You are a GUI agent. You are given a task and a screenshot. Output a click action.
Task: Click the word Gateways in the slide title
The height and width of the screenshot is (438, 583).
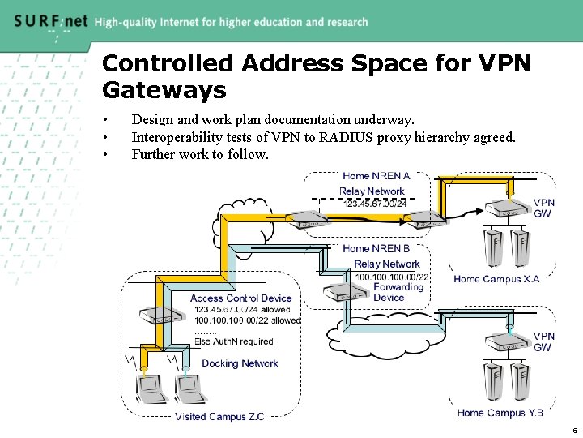[x=164, y=88]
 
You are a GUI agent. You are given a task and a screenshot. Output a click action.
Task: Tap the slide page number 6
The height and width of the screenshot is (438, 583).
[x=573, y=431]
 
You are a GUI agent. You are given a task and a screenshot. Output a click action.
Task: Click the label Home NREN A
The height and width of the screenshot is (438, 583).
[x=376, y=176]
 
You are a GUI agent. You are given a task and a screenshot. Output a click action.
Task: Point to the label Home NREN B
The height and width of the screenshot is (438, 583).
[x=376, y=248]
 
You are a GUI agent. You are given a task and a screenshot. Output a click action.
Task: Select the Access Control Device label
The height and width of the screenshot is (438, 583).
[x=240, y=298]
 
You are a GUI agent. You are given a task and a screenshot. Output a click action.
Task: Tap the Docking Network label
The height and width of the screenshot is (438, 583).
[x=240, y=363]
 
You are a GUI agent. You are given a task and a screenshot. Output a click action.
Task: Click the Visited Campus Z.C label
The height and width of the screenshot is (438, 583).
[x=219, y=417]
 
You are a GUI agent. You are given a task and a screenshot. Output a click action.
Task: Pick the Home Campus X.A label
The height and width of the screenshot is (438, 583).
[x=496, y=279]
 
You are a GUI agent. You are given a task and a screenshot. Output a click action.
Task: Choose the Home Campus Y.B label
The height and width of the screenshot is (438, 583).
[x=500, y=413]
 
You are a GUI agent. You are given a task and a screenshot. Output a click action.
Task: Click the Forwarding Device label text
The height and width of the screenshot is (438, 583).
[x=398, y=292]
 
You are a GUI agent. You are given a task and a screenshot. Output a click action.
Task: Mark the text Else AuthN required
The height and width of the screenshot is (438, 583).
[x=234, y=341]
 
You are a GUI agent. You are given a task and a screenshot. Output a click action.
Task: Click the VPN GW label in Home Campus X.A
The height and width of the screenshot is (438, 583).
[x=544, y=208]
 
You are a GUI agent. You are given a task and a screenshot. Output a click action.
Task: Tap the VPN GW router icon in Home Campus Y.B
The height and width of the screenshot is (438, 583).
[x=511, y=344]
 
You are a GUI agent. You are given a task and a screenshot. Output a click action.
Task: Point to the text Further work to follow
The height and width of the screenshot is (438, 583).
[x=199, y=154]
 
